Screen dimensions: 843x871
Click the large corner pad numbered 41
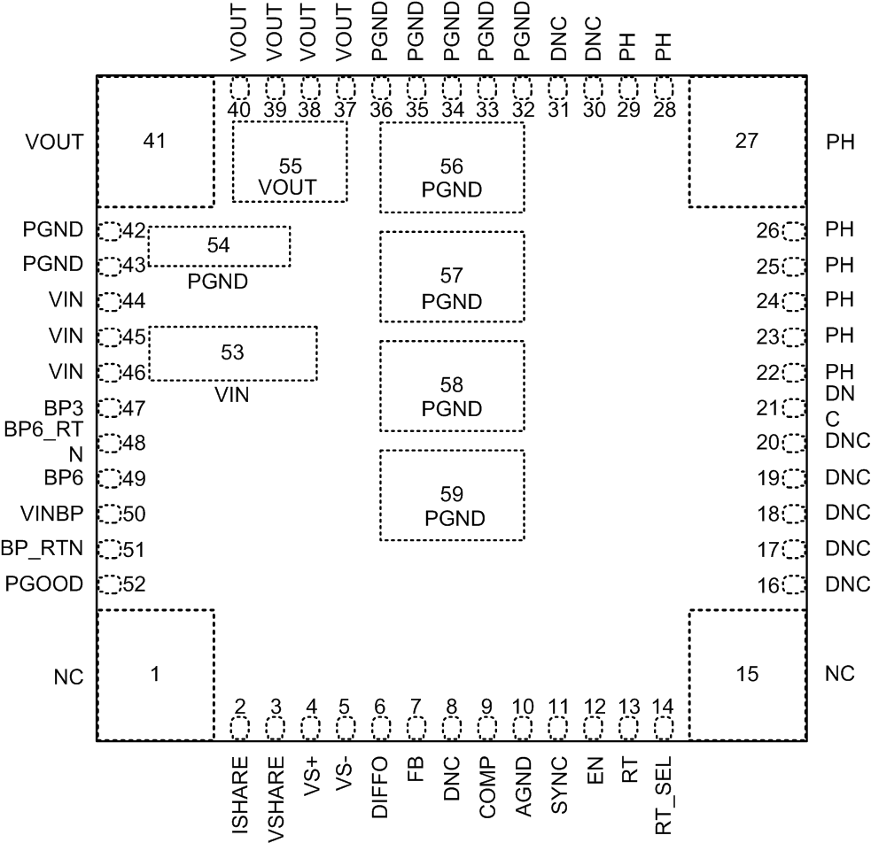(x=154, y=142)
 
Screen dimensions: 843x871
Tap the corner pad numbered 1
(x=154, y=674)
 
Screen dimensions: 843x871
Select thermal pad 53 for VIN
(x=232, y=353)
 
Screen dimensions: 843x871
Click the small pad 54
(x=219, y=246)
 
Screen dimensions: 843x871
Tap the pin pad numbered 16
(x=794, y=584)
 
